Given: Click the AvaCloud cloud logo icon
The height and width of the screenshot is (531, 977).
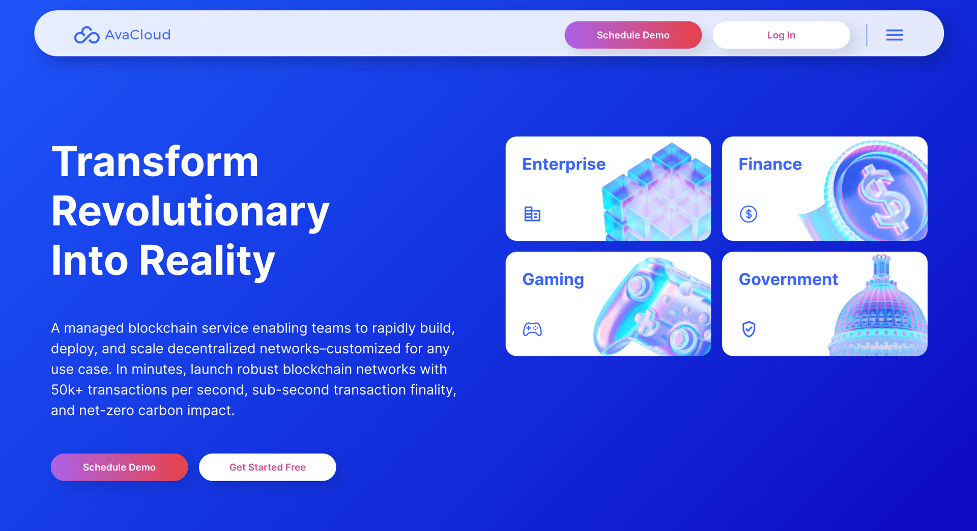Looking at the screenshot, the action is (x=87, y=35).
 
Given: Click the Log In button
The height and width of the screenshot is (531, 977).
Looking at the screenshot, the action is (x=781, y=35).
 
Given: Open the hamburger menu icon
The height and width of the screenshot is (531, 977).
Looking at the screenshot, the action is (x=895, y=35).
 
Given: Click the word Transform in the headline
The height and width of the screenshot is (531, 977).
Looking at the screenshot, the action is (x=155, y=162).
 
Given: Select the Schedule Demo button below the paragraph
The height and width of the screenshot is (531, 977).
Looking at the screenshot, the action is (x=119, y=467).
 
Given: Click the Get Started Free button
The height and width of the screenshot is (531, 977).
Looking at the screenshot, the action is (x=268, y=467).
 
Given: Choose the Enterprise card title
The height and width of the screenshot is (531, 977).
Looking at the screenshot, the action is (x=564, y=164).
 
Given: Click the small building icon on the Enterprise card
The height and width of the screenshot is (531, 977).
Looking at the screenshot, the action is (x=532, y=214).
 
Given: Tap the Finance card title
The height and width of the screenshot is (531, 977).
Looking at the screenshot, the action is (x=770, y=164).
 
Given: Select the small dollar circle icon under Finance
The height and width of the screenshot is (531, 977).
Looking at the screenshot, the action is (x=749, y=214).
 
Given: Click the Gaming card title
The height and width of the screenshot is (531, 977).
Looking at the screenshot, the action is (x=553, y=280).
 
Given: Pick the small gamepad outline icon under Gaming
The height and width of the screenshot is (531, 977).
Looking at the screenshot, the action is (x=532, y=329).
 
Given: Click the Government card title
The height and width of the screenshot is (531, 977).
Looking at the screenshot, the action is (x=788, y=280).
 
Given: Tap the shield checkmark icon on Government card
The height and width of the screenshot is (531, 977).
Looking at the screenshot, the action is (x=749, y=329).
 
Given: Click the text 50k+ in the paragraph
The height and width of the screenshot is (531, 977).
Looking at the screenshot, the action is (x=67, y=390).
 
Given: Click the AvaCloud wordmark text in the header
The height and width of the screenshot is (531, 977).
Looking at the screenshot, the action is (x=137, y=35).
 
